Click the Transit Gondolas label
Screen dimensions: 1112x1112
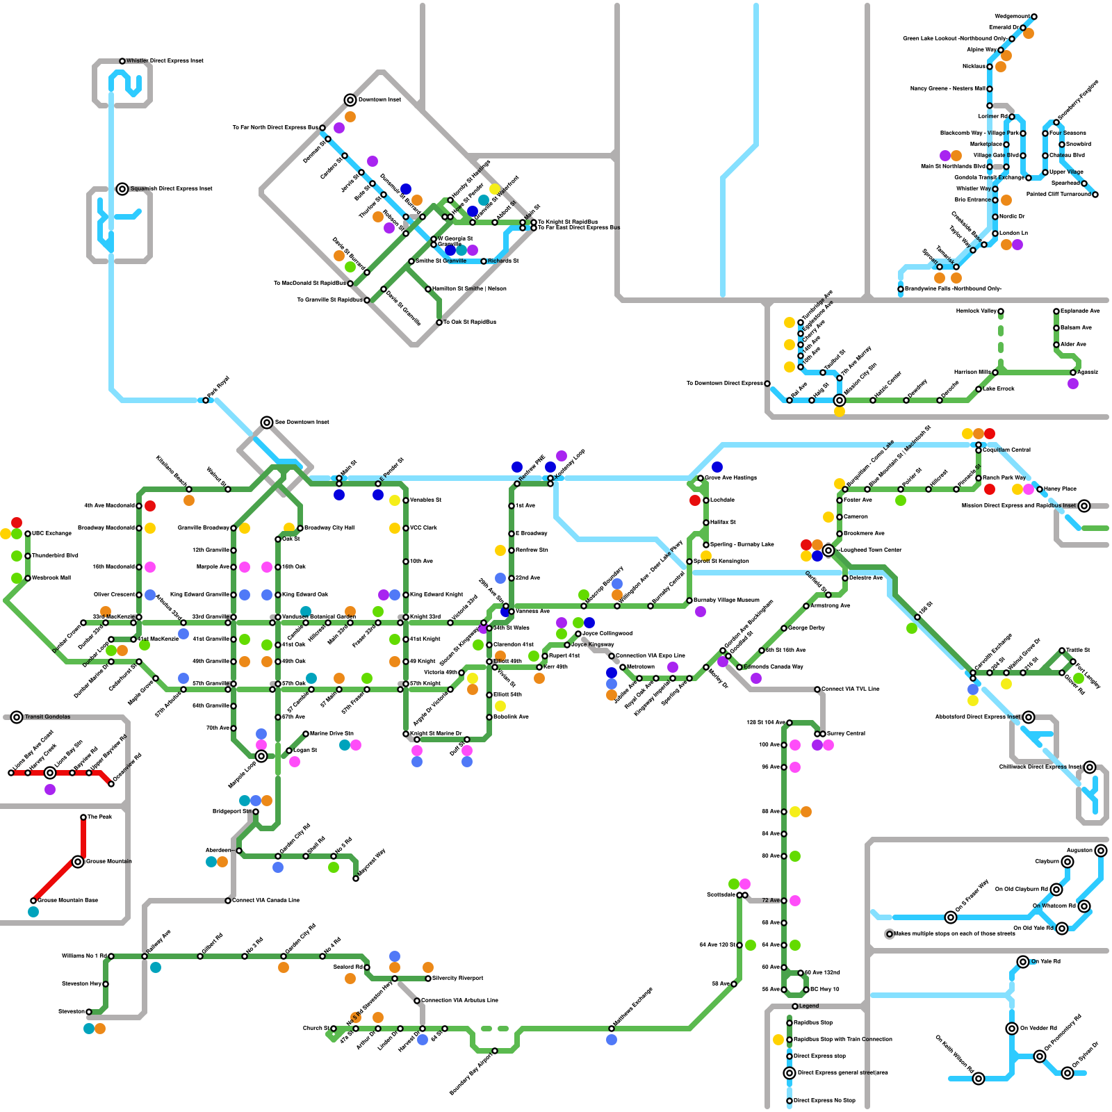pos(47,717)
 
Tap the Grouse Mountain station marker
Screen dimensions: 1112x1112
pos(78,862)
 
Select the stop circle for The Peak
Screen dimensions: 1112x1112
pos(83,817)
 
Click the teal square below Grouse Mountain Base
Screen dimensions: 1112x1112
pos(33,912)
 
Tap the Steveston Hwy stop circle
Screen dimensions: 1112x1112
pos(106,984)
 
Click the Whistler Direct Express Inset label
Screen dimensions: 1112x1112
pos(165,61)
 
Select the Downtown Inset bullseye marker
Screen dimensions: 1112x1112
pos(350,100)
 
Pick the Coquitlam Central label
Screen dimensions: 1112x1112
pos(1006,450)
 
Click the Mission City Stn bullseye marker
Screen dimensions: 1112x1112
pos(840,400)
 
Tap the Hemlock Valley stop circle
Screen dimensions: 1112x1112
pos(1001,311)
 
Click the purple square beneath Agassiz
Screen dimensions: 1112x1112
pos(1073,384)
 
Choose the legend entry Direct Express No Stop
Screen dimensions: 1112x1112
pos(824,1100)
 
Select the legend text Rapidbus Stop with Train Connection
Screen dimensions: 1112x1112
pos(843,1039)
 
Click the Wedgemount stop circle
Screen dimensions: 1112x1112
pos(1034,17)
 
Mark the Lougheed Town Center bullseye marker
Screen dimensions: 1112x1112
pos(828,550)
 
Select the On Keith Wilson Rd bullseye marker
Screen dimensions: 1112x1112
pos(979,1079)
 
